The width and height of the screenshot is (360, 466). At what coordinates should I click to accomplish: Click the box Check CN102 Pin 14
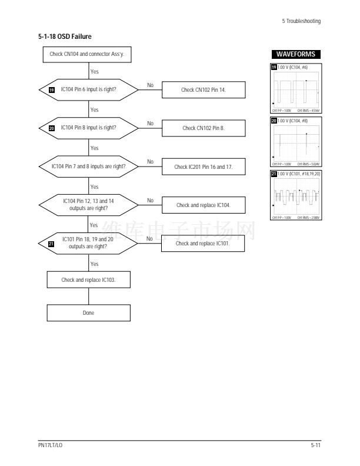[203, 90]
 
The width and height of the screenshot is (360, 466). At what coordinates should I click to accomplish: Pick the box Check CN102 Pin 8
[203, 128]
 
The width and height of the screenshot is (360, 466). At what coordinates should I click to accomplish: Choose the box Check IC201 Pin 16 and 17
[203, 167]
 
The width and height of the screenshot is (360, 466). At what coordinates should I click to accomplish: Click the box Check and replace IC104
[203, 205]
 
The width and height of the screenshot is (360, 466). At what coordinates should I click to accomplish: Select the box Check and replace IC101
[203, 244]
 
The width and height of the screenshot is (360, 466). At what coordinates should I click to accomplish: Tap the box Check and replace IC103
[88, 279]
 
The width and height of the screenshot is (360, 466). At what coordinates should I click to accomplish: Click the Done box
[88, 312]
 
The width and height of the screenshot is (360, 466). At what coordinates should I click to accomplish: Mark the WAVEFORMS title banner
[295, 54]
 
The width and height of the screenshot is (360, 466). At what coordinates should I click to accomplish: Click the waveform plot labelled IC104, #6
[295, 89]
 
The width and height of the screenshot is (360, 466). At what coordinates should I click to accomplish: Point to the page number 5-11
[316, 447]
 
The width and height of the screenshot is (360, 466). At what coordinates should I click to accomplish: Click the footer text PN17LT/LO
[51, 447]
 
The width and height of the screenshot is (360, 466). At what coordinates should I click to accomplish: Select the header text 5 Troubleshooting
[301, 22]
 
